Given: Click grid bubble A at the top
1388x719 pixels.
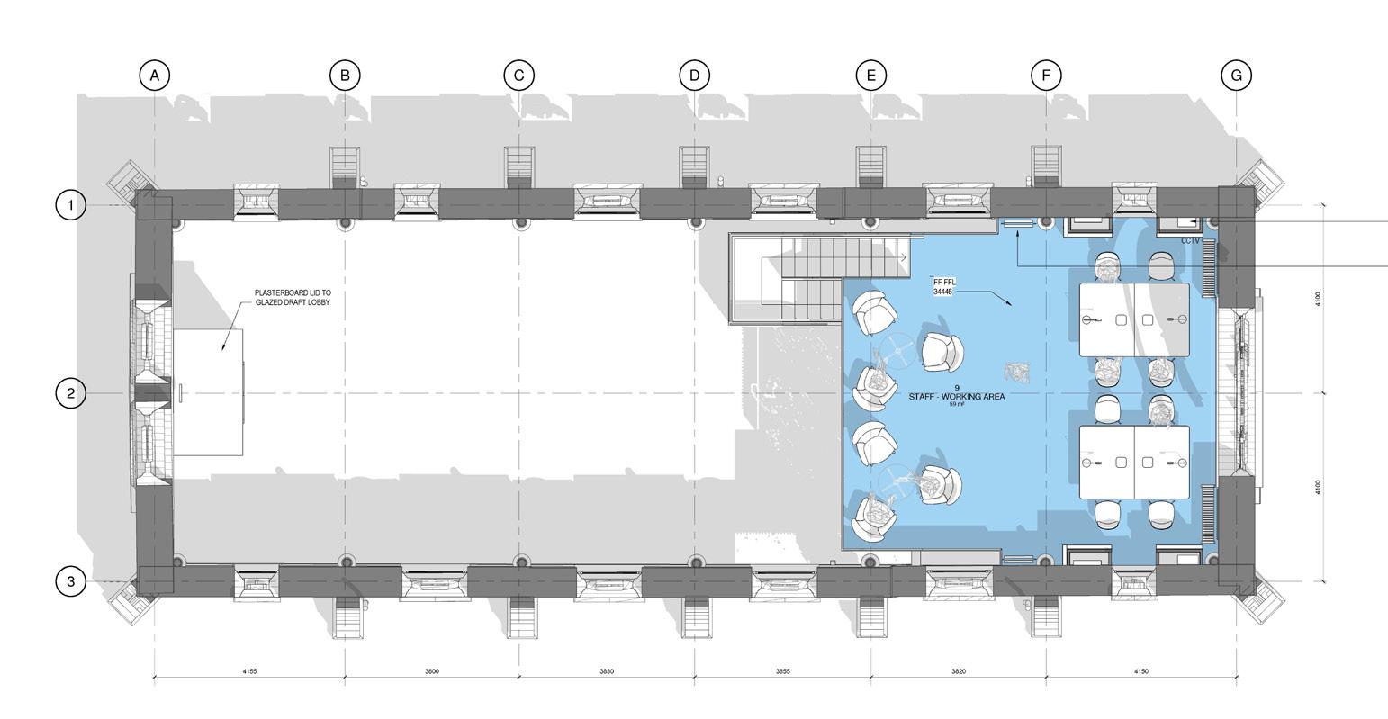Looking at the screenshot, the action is point(155,76).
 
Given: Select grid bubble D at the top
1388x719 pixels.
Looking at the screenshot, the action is point(694,76).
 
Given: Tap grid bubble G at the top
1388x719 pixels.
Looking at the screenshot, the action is point(1236,76).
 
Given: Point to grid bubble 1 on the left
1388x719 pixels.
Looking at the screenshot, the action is point(71,205).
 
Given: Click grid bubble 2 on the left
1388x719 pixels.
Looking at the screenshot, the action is point(71,393).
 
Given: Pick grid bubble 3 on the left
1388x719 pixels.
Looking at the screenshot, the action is point(71,581).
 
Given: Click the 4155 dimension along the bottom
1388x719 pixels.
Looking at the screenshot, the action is point(249,671).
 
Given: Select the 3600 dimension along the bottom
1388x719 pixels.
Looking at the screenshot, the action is point(431,671).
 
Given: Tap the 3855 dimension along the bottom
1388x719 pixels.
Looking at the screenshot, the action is point(782,671).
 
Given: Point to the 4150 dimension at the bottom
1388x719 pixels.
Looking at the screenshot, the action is point(1140,671).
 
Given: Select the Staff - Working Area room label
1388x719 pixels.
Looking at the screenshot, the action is point(943,396).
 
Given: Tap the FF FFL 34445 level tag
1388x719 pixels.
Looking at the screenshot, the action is point(944,287).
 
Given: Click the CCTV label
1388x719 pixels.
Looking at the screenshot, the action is point(1191,240).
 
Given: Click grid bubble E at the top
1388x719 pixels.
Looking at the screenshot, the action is point(870,76).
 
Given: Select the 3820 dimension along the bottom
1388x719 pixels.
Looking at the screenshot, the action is point(958,671).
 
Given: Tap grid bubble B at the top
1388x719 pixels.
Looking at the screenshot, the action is point(345,76).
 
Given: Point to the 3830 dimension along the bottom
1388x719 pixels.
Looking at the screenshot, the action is point(606,671).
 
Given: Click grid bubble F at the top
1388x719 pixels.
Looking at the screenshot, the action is point(1046,76).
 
